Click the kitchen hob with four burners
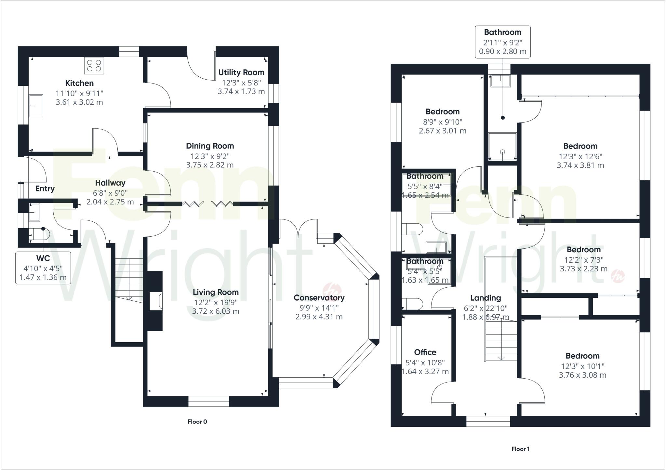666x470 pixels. click(94, 65)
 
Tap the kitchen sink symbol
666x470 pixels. click(36, 106)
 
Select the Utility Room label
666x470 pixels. click(241, 72)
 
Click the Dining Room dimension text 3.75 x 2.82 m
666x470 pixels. click(210, 165)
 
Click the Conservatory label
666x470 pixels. click(319, 297)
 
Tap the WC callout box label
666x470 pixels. click(43, 258)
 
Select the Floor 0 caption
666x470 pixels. click(197, 422)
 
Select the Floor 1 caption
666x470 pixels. click(520, 449)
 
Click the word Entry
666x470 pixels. click(45, 189)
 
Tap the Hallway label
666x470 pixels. click(110, 183)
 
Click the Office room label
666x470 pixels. click(425, 352)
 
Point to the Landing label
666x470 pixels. click(486, 298)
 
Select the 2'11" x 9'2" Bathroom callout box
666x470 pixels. click(502, 42)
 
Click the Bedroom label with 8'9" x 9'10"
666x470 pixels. click(443, 111)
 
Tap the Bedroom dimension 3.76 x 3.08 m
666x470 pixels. click(582, 375)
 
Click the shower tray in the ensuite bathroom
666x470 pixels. click(502, 147)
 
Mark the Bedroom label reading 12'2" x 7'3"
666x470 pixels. click(583, 250)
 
